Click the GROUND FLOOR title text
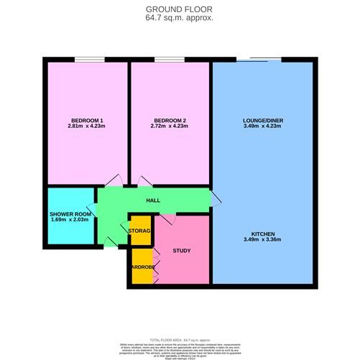coord(180,10)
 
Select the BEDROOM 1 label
coord(87,120)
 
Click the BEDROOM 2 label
coord(170,120)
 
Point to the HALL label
coord(152,200)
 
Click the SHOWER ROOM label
coord(71,215)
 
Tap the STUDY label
coord(181,251)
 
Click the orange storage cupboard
coord(140,231)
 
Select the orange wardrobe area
coord(142,267)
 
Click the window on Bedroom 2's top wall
coord(167,60)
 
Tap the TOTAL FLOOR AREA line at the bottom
coord(180,338)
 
